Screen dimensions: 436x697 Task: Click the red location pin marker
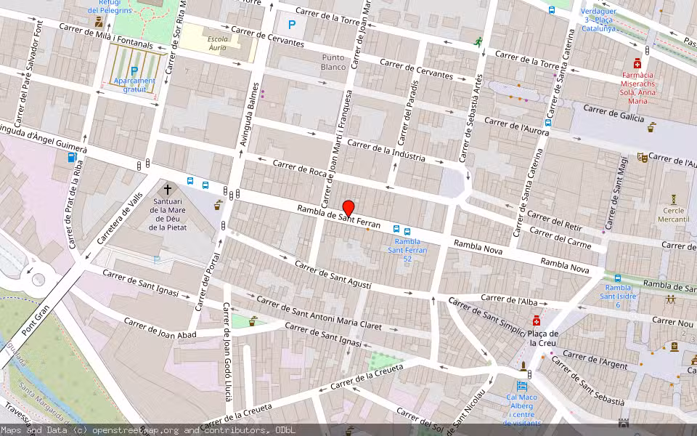click(x=348, y=208)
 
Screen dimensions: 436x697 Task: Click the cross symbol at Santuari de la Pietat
click(x=168, y=189)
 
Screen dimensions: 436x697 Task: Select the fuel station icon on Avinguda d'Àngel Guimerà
click(x=72, y=157)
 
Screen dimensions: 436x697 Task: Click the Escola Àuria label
click(x=217, y=43)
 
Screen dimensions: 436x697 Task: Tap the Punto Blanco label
click(x=333, y=62)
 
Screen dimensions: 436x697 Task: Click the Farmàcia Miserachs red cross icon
click(x=637, y=62)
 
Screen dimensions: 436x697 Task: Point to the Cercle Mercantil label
click(x=673, y=214)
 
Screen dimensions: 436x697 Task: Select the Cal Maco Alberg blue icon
click(x=521, y=385)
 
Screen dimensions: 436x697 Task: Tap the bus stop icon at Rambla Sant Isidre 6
click(x=617, y=278)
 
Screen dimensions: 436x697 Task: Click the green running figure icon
click(x=478, y=42)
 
